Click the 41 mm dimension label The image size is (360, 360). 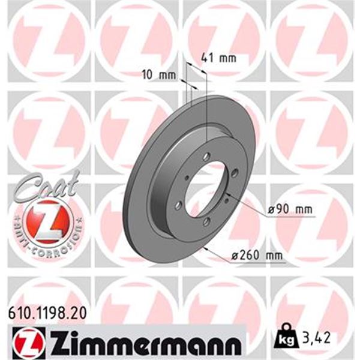point(218,58)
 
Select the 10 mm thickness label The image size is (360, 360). point(158,75)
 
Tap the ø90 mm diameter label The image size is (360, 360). point(290,209)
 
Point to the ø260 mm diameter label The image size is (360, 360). point(256,255)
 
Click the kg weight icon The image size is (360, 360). point(287,336)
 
